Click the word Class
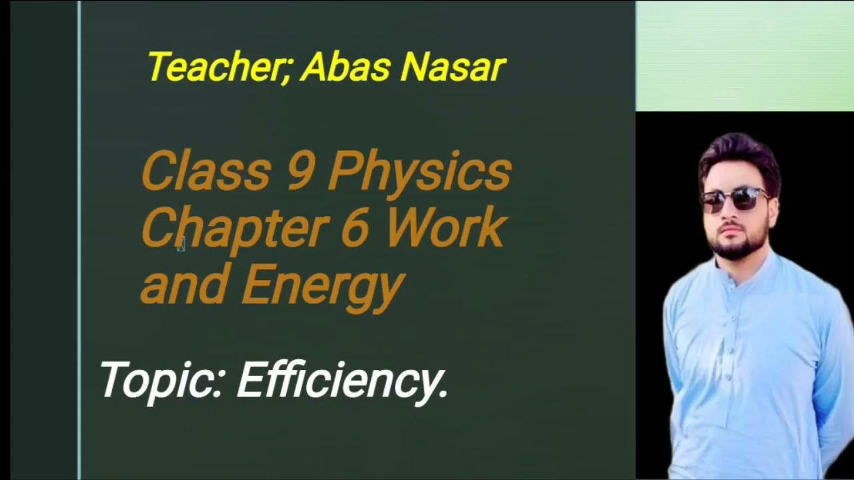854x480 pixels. click(x=205, y=171)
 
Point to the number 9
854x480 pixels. click(x=301, y=171)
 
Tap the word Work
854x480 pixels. click(x=446, y=227)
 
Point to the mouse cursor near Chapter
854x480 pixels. click(x=181, y=245)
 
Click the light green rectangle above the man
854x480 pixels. click(x=745, y=56)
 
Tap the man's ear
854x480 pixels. click(x=774, y=203)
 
